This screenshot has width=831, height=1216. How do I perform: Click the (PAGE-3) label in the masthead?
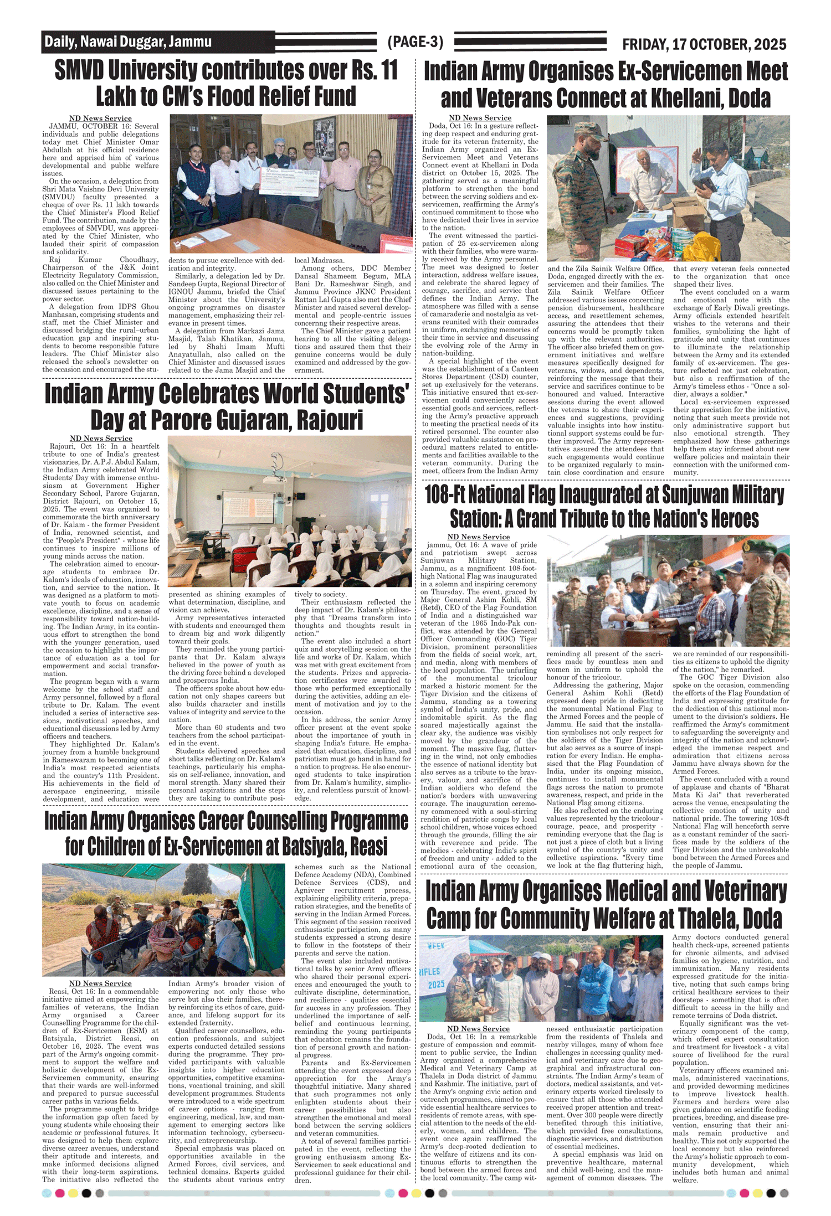[x=416, y=42]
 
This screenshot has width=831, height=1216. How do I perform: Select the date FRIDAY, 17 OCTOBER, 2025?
[x=704, y=44]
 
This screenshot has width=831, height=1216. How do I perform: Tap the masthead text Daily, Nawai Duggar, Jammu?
[x=128, y=42]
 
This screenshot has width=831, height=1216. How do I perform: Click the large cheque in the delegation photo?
[x=288, y=180]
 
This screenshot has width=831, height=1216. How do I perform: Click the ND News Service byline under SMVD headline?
[x=100, y=118]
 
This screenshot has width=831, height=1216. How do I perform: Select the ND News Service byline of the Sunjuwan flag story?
[x=478, y=537]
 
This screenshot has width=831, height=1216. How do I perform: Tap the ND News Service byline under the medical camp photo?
[x=478, y=1028]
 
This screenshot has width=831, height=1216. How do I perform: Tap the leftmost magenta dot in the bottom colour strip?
[x=59, y=1193]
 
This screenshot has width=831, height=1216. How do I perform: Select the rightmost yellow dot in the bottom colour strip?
[x=757, y=1193]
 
